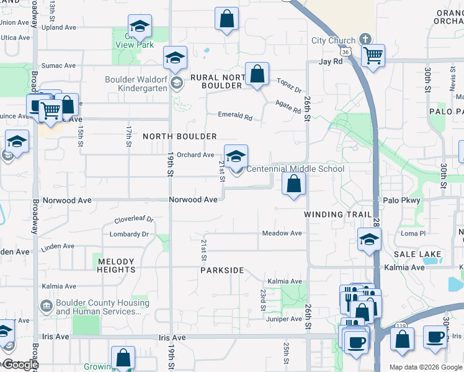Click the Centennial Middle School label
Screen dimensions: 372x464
pos(295,169)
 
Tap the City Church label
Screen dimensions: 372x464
pos(334,41)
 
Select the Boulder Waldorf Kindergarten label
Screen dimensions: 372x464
pos(136,84)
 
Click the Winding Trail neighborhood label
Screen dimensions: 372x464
pos(337,215)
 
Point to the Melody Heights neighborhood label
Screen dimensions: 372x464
pos(116,265)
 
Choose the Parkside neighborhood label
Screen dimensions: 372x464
pos(222,271)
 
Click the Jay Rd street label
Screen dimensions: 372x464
pos(331,62)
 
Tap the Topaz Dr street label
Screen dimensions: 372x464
pos(288,82)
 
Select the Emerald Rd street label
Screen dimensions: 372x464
pos(235,115)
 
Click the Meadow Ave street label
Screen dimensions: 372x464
pos(282,233)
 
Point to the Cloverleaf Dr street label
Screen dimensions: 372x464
pos(134,220)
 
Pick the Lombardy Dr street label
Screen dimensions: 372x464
pos(129,234)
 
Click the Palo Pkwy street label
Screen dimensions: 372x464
pos(401,200)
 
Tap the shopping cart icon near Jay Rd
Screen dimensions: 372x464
pos(373,55)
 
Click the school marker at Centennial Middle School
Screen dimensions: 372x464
pos(236,157)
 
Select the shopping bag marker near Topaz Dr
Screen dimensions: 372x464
pos(257,74)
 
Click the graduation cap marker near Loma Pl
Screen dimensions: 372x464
pos(369,239)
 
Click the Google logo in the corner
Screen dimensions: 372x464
pos(20,365)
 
